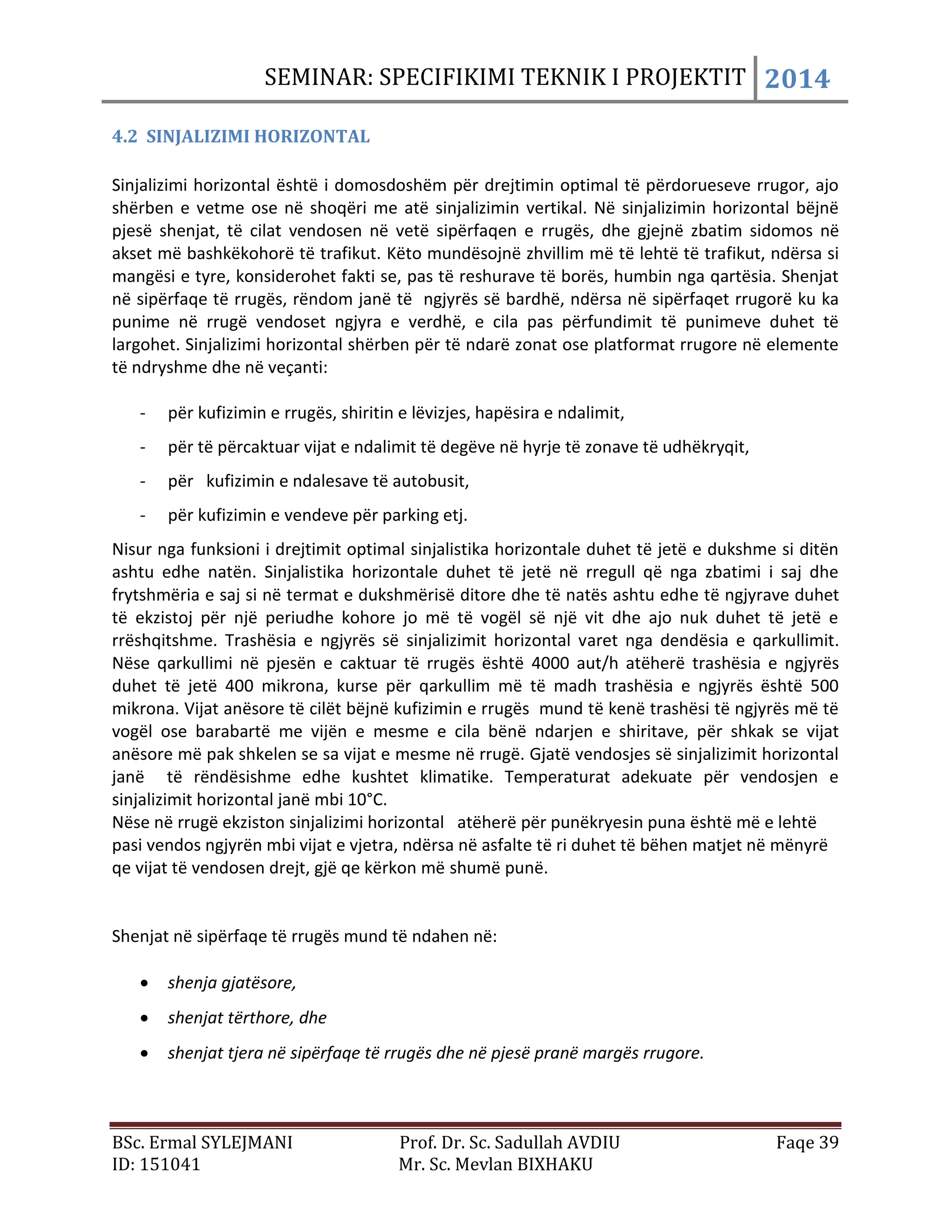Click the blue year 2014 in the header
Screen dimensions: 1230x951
coord(797,78)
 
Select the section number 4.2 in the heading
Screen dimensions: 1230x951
coord(124,136)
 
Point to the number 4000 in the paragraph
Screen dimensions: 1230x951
coord(550,663)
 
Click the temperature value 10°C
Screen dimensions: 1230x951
coord(367,800)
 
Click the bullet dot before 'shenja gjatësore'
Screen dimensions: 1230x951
coord(145,984)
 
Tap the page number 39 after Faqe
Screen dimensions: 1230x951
coord(829,1142)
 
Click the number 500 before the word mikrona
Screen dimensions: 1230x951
coord(824,686)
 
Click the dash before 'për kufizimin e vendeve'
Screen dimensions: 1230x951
coord(143,515)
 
